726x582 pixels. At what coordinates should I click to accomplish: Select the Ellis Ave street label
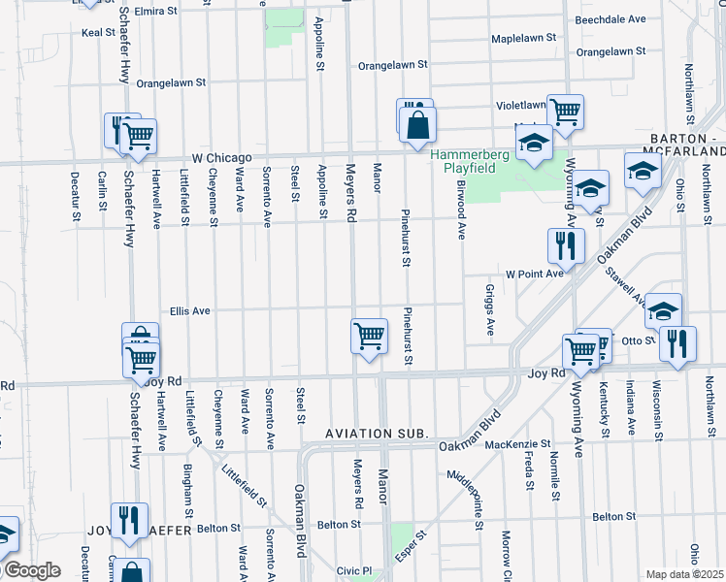click(x=190, y=311)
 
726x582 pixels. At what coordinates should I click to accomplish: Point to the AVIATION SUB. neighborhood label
click(x=377, y=433)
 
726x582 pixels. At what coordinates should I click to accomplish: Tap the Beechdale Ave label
click(x=610, y=18)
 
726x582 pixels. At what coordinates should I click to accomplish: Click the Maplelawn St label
click(x=522, y=38)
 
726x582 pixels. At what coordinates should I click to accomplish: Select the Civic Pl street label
click(x=354, y=571)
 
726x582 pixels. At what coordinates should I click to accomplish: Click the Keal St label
click(x=99, y=32)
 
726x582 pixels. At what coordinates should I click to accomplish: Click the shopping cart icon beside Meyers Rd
click(x=369, y=337)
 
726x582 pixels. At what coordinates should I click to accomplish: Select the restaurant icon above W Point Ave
click(x=565, y=246)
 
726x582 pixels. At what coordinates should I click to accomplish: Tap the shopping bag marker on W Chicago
click(x=417, y=126)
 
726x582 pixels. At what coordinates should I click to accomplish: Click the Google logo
click(x=31, y=570)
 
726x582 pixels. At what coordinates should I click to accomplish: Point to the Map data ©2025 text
click(x=684, y=574)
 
